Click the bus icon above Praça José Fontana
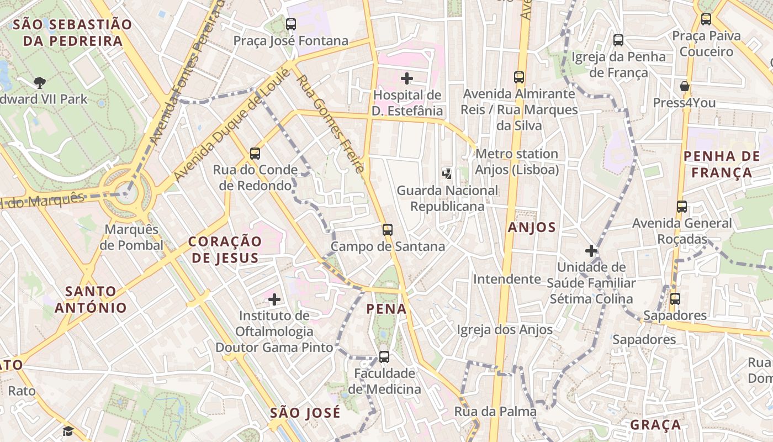[x=291, y=24]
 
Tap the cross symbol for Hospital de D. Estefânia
[x=407, y=78]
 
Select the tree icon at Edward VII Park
[x=39, y=83]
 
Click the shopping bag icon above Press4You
[x=685, y=86]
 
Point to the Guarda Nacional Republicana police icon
[x=447, y=174]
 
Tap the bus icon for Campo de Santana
[x=388, y=229]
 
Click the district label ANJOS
[x=532, y=227]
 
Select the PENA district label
[x=386, y=309]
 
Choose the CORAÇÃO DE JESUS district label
[x=225, y=249]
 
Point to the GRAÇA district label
[x=655, y=425]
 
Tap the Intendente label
[x=507, y=279]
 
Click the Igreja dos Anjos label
[x=505, y=330]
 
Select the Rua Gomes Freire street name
[x=330, y=124]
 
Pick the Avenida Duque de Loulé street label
[x=231, y=125]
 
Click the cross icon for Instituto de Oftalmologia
[x=274, y=299]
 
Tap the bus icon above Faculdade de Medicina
[x=384, y=356]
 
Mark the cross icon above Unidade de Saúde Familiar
[x=591, y=251]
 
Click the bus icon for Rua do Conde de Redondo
[x=255, y=154]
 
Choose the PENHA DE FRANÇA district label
[x=722, y=164]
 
